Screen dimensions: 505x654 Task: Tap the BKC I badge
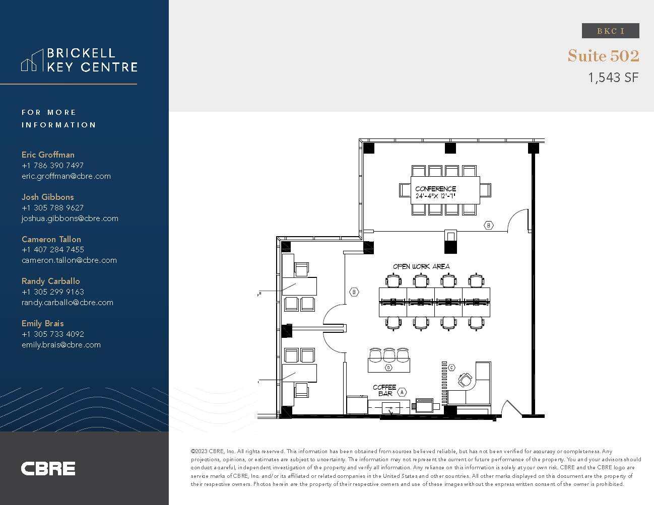610,31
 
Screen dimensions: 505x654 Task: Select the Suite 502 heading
603,55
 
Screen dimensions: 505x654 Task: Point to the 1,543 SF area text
613,78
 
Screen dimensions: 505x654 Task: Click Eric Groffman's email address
66,176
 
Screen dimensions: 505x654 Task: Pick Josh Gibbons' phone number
52,207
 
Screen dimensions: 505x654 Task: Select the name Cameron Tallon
51,239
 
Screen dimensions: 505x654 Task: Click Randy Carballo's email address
67,303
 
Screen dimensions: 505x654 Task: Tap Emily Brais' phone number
52,334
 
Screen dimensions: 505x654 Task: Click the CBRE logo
48,469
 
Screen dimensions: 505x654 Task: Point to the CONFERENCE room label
435,189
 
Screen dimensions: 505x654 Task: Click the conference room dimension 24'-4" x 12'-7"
435,196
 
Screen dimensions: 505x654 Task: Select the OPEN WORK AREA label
421,266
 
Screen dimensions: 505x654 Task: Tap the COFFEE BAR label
384,390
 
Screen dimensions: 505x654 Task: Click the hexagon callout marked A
402,392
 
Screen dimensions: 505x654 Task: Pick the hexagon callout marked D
388,368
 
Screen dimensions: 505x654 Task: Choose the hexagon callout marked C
451,368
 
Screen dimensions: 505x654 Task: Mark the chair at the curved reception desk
465,379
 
